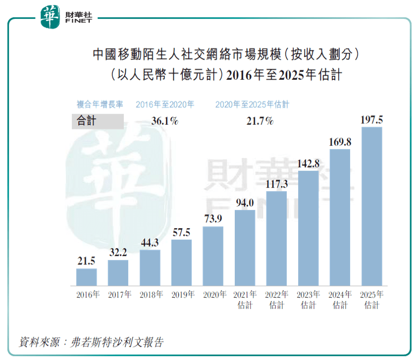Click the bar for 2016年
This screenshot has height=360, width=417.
pyautogui.click(x=86, y=277)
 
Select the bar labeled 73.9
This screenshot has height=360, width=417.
pyautogui.click(x=213, y=256)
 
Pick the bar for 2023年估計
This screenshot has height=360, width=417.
pyautogui.click(x=308, y=228)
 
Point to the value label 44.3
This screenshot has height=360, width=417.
pyautogui.click(x=150, y=243)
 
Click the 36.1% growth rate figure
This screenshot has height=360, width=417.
pyautogui.click(x=164, y=121)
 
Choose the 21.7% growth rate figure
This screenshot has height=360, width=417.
pyautogui.click(x=260, y=121)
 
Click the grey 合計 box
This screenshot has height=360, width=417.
pyautogui.click(x=98, y=121)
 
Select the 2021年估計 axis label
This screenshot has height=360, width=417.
pyautogui.click(x=245, y=300)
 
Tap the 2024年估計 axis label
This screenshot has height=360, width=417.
pyautogui.click(x=340, y=300)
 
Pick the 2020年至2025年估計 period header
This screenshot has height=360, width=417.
pyautogui.click(x=252, y=104)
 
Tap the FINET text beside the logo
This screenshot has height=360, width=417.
pyautogui.click(x=78, y=21)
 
